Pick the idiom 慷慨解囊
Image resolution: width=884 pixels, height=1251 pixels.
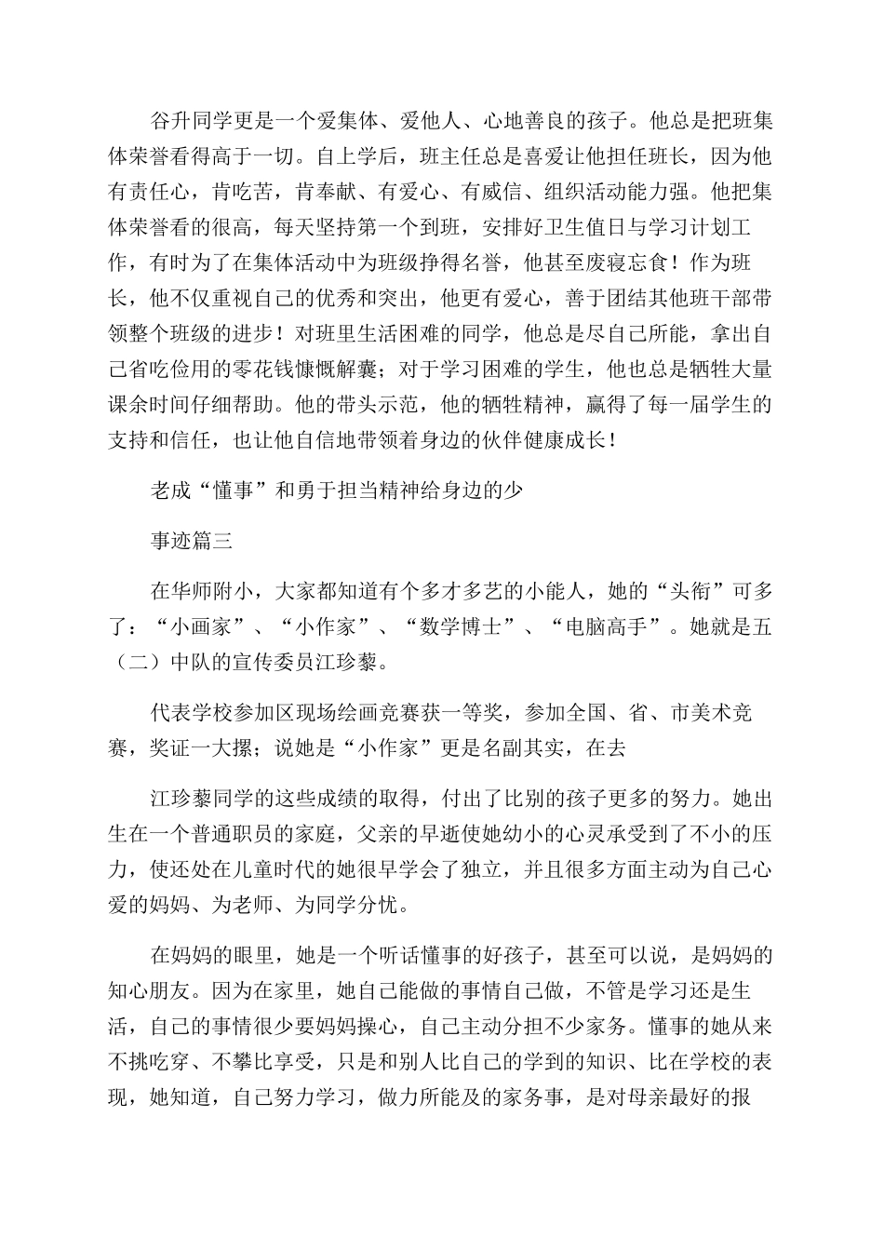point(343,370)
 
